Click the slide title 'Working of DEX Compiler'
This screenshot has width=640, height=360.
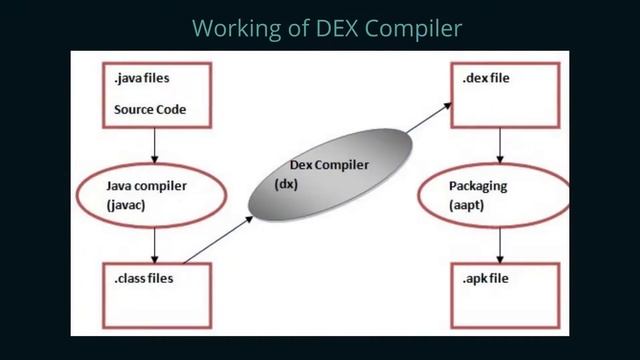tap(326, 27)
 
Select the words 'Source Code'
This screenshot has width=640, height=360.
tap(150, 108)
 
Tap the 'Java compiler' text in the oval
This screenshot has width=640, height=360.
tap(146, 186)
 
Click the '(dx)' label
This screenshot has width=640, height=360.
tap(287, 184)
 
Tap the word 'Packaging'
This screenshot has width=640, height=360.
tap(479, 186)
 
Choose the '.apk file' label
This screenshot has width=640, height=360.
tap(486, 278)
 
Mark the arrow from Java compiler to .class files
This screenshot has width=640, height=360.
tap(155, 243)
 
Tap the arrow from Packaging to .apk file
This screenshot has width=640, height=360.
tap(499, 243)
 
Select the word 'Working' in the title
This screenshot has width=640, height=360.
tap(227, 28)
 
